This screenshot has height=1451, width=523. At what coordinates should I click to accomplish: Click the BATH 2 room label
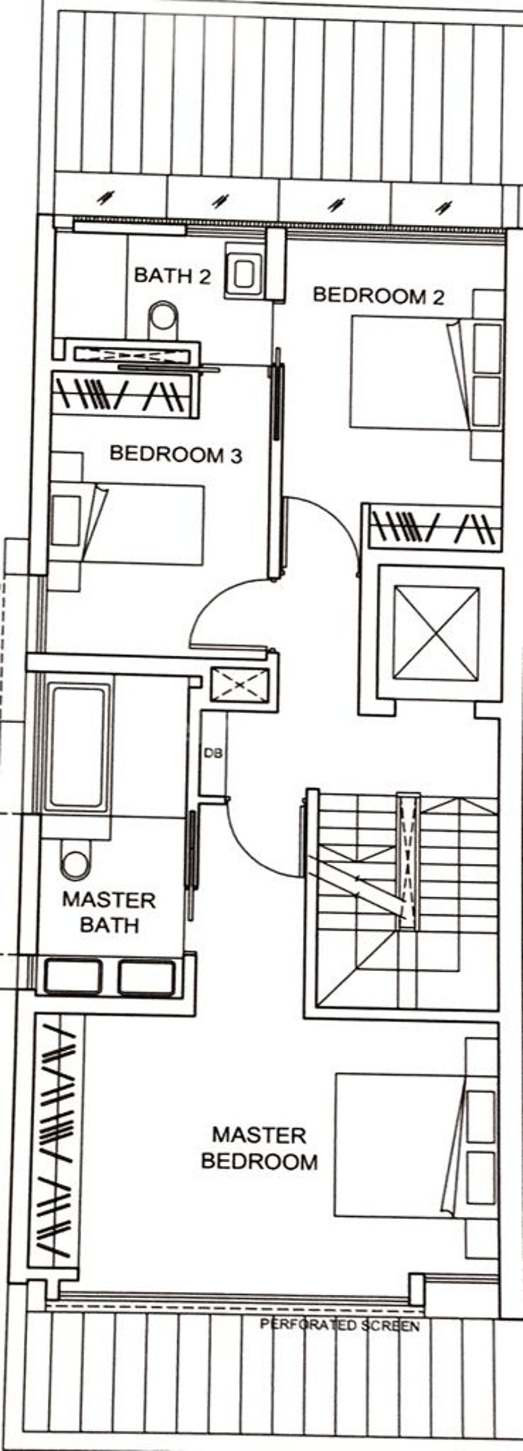(x=172, y=275)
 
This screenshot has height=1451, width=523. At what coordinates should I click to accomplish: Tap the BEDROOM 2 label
(x=378, y=296)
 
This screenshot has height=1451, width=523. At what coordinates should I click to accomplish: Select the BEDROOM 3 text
(x=175, y=454)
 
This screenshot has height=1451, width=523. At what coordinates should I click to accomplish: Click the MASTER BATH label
(x=109, y=912)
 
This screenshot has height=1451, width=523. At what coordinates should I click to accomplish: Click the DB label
(x=213, y=753)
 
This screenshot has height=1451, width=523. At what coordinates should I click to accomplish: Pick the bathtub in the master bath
(x=80, y=746)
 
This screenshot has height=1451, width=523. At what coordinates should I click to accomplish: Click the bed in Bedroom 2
(x=425, y=372)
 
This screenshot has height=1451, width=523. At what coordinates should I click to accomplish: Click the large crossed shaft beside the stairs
(x=436, y=633)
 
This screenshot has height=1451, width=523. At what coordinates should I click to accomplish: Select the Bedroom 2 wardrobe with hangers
(x=432, y=527)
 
